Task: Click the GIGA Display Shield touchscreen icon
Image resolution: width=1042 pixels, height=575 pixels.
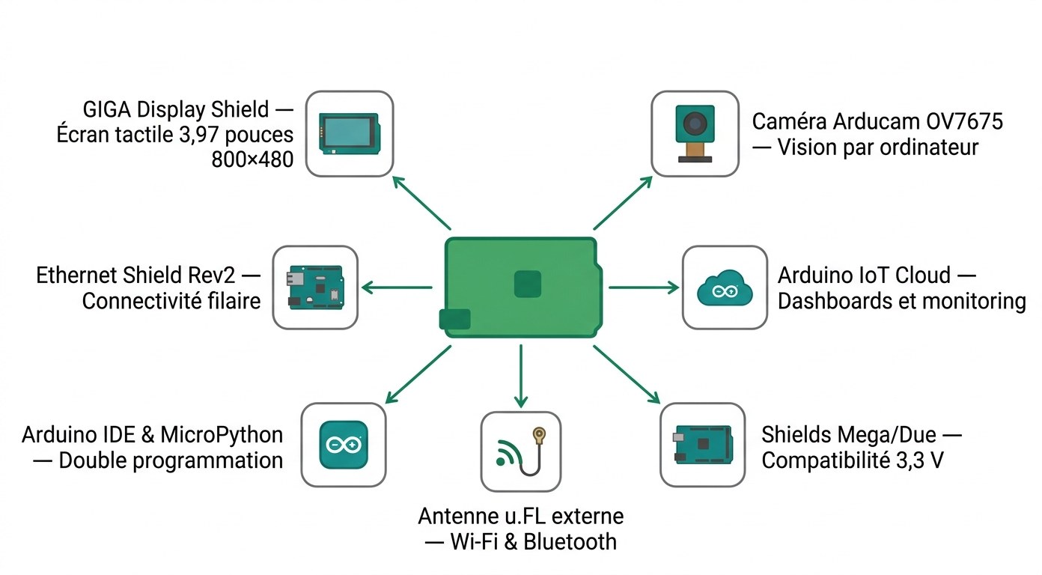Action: (x=350, y=134)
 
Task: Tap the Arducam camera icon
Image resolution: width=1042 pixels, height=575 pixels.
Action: (x=693, y=134)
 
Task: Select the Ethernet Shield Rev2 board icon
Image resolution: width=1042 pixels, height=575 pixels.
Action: (x=314, y=287)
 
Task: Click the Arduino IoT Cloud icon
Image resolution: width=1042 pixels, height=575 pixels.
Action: (x=724, y=288)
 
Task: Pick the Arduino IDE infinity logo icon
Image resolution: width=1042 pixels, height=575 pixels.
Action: (x=344, y=445)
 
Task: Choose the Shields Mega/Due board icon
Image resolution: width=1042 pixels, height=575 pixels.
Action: (x=702, y=445)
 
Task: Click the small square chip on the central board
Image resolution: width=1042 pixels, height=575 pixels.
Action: (x=527, y=285)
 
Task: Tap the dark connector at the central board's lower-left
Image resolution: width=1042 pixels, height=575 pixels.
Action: (x=455, y=320)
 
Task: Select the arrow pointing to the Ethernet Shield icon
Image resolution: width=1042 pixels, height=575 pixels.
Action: (x=397, y=287)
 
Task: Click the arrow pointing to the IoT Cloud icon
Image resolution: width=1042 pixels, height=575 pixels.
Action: (x=644, y=287)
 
